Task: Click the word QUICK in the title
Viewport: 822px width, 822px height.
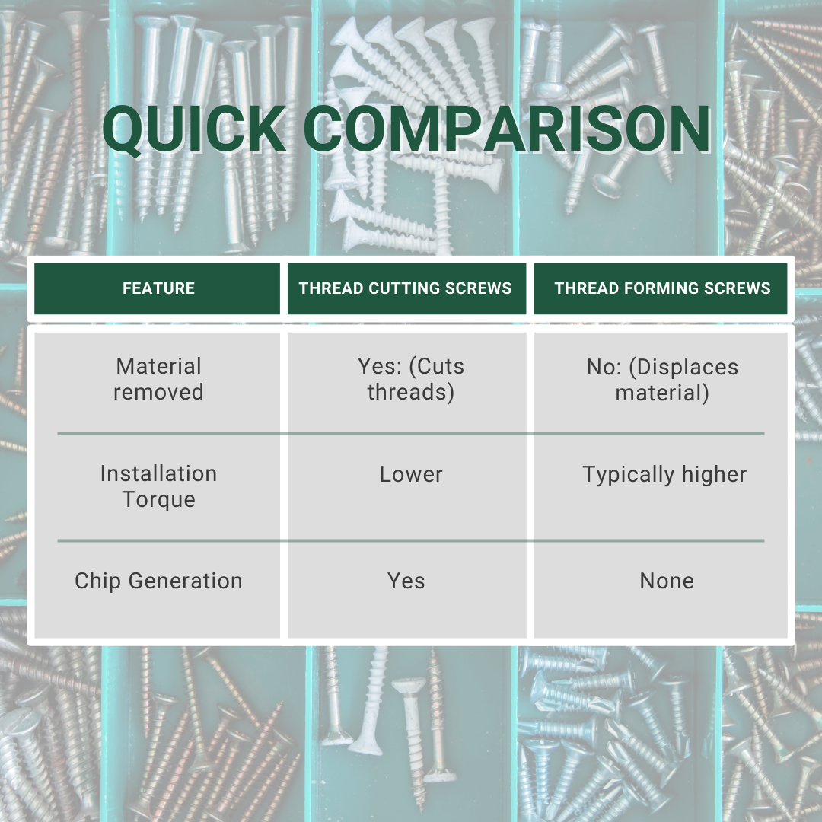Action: coord(194,130)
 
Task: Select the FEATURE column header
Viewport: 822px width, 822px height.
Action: coord(158,288)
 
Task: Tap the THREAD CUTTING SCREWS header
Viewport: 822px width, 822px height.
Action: coord(406,288)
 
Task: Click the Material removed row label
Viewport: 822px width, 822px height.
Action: coord(158,379)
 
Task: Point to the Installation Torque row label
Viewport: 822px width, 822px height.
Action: coord(158,486)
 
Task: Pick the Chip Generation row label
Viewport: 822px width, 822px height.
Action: coord(158,581)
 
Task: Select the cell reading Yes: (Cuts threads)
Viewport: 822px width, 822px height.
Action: coord(411,379)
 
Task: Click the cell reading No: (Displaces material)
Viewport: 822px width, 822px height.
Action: coord(662,379)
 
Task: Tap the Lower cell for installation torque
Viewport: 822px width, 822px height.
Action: coord(411,474)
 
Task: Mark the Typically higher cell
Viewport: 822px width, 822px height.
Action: coord(664,474)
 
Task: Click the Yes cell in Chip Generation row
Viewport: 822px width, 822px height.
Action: coord(406,581)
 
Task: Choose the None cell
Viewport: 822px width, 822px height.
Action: coord(667,581)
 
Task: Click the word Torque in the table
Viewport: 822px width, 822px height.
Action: coord(158,499)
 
